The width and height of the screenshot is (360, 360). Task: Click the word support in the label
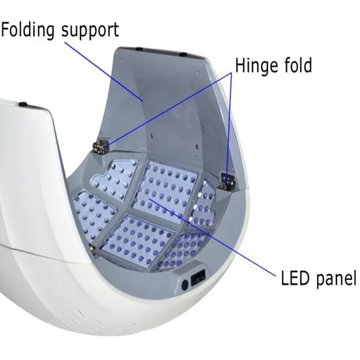(x=90, y=31)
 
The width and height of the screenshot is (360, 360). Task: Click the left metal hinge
(x=100, y=146)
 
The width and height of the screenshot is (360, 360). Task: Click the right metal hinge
(x=226, y=181)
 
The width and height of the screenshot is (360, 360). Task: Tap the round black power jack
(x=184, y=282)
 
